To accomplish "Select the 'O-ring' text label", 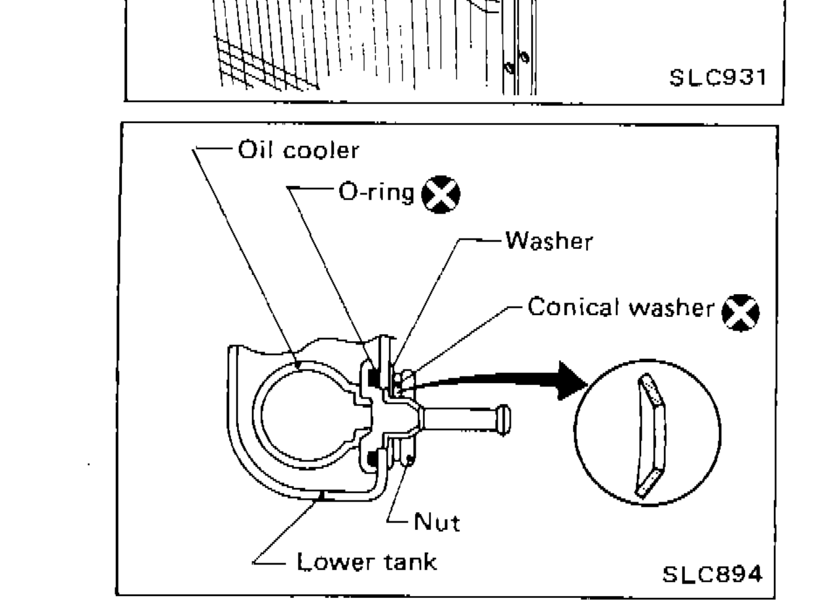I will [x=376, y=193].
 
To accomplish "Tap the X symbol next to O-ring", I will [x=441, y=195].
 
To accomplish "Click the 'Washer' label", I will [x=549, y=242].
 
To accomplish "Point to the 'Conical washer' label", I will [x=621, y=307].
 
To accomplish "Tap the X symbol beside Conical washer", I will [x=740, y=311].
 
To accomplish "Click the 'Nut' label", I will [x=437, y=523].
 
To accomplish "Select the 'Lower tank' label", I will [x=366, y=561].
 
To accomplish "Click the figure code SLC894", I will [x=712, y=574].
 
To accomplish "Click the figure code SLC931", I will [x=716, y=78].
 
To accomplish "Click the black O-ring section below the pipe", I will [x=373, y=460].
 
